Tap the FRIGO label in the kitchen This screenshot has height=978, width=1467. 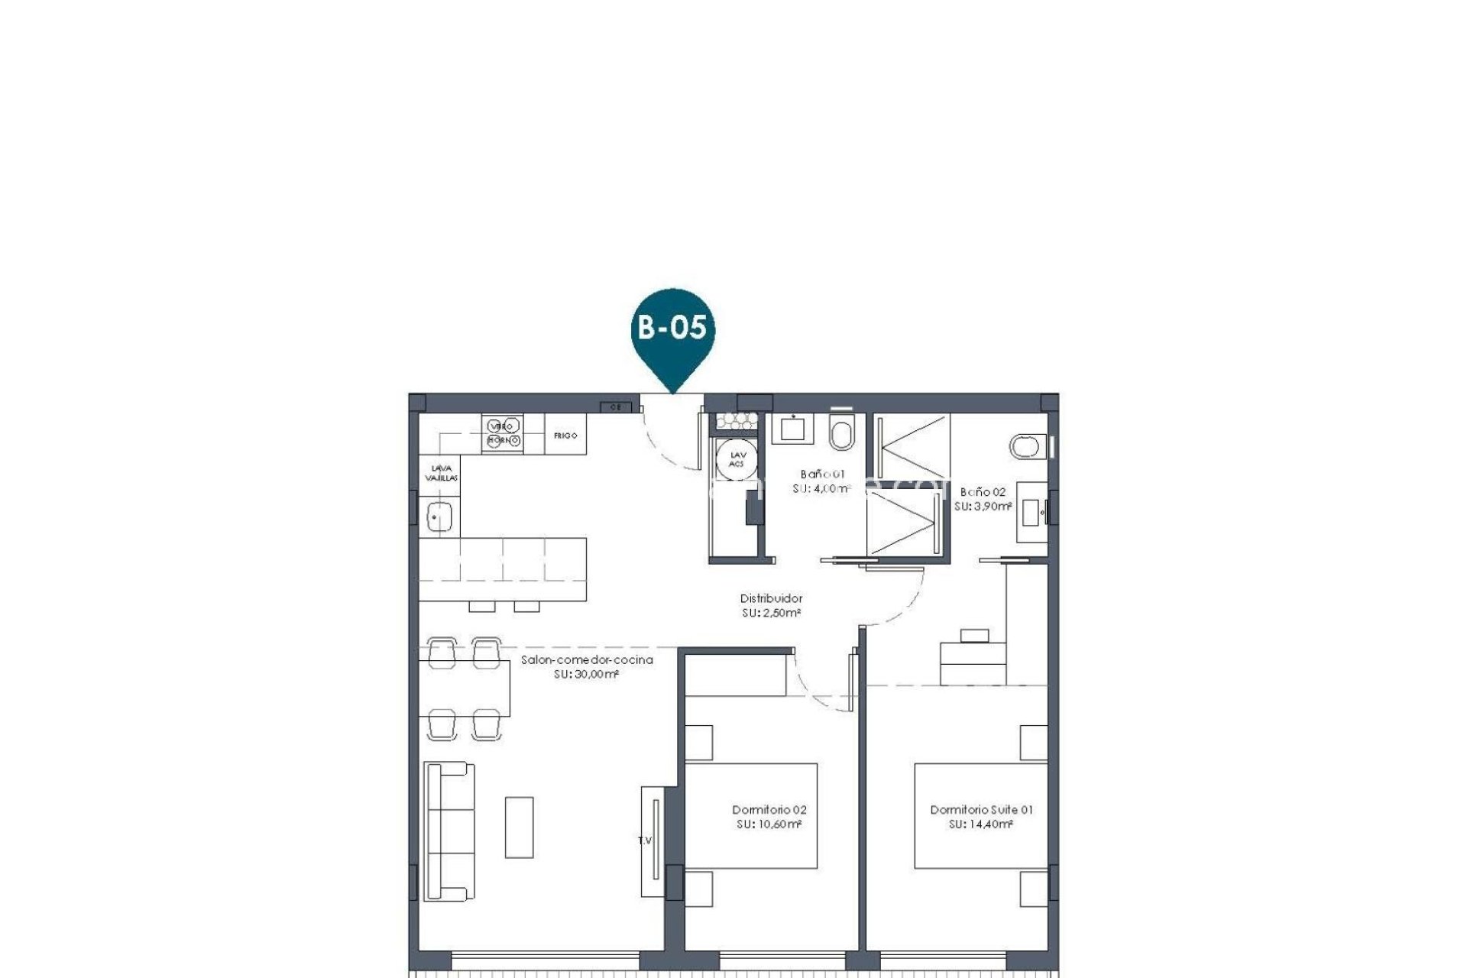[x=565, y=436]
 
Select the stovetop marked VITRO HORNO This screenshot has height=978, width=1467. [x=503, y=433]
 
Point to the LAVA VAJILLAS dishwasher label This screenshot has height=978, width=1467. [x=441, y=473]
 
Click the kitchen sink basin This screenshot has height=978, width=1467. [x=439, y=517]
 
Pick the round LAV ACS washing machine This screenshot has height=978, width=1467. [x=737, y=459]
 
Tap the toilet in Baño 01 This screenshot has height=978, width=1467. [x=840, y=434]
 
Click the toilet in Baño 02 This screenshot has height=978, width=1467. [x=1027, y=446]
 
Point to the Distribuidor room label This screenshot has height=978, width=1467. [x=771, y=599]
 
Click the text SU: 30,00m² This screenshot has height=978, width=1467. [x=586, y=675]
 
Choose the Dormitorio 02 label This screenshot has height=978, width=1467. [x=769, y=810]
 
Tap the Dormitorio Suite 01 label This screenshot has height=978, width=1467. [x=981, y=810]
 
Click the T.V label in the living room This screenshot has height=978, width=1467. [x=645, y=840]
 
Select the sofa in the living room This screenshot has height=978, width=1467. [x=449, y=831]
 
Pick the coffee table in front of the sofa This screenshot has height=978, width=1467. [x=519, y=827]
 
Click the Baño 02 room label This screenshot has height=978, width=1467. [x=983, y=492]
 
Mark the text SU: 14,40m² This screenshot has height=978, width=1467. [x=981, y=824]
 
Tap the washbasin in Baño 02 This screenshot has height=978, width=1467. [x=1032, y=511]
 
